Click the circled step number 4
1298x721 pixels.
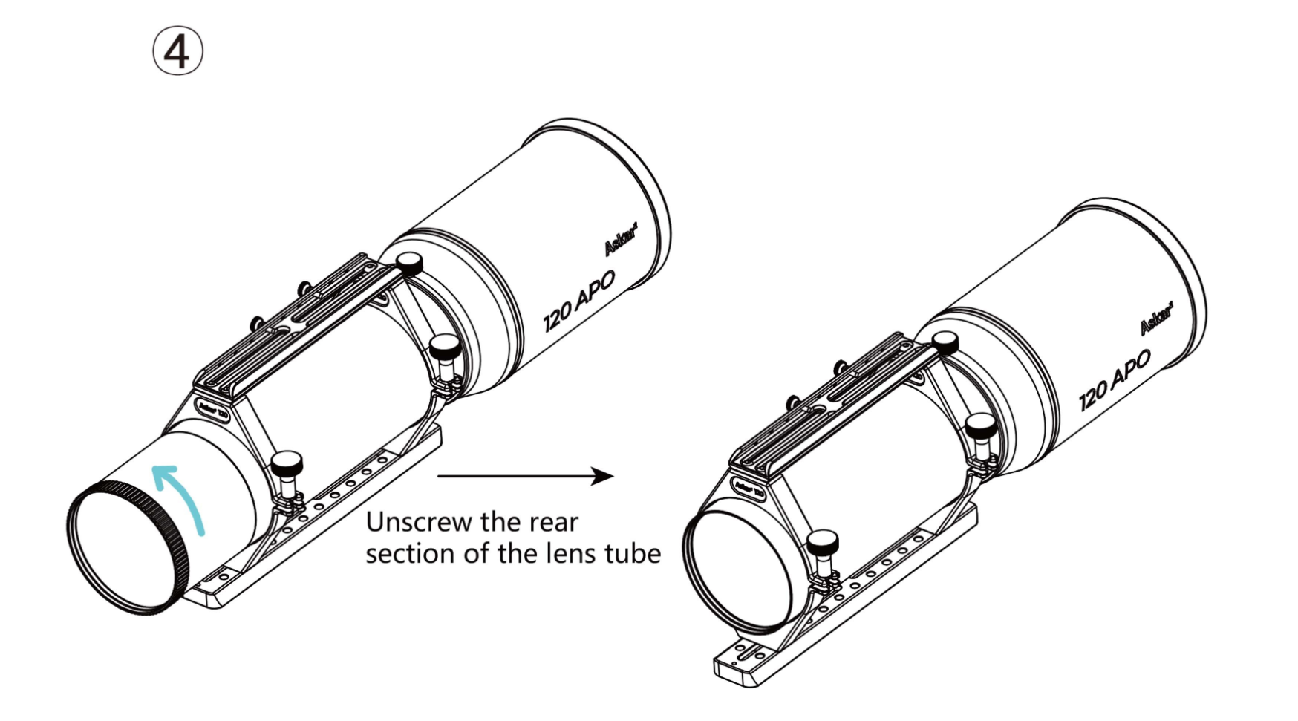(x=177, y=51)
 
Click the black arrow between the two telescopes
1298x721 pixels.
(x=525, y=476)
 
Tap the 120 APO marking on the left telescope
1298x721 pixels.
(x=579, y=301)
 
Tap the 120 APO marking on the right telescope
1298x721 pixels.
(x=1115, y=380)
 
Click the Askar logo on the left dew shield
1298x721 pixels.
(x=621, y=239)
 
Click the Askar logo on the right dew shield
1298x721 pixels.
(x=1156, y=318)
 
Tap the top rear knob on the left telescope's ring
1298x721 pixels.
(x=409, y=262)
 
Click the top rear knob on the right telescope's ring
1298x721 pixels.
(x=945, y=342)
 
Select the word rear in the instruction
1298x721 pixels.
(x=553, y=522)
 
